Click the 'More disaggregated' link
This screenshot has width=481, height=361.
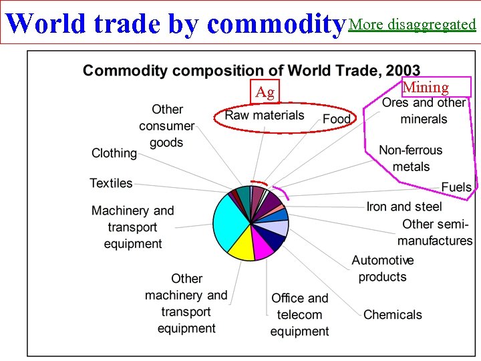(412, 25)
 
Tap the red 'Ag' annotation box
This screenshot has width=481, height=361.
(265, 92)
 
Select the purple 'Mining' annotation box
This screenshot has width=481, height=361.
(426, 87)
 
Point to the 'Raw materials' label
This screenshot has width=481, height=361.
(265, 116)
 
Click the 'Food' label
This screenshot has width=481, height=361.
(336, 119)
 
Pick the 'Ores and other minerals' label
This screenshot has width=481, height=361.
(424, 111)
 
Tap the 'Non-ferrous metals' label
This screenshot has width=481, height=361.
(410, 158)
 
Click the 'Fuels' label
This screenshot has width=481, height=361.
(456, 187)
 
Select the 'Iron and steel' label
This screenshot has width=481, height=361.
(404, 207)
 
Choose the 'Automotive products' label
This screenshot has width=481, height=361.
(382, 268)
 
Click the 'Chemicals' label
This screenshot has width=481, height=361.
(393, 314)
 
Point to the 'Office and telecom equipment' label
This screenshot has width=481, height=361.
(299, 315)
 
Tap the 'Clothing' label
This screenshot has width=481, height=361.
(114, 153)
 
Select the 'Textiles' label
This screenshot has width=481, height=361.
(111, 183)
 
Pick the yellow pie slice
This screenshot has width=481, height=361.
(241, 248)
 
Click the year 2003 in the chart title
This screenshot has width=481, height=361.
(402, 70)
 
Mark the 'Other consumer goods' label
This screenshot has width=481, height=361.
(166, 126)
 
